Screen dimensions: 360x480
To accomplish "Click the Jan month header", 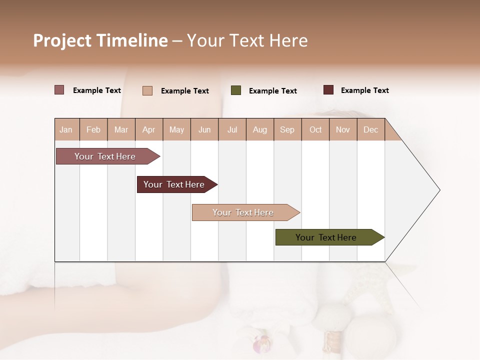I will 66,130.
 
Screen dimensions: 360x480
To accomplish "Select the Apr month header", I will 148,130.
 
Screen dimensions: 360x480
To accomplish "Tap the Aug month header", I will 259,130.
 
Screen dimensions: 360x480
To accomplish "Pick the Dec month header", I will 370,130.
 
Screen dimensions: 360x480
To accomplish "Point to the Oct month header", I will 315,130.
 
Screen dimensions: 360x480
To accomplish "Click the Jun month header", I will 204,130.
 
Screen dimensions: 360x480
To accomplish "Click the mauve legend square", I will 59,90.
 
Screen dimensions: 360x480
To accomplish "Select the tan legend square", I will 147,90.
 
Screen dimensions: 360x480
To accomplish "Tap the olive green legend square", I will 236,90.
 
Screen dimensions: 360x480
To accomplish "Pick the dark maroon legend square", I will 328,90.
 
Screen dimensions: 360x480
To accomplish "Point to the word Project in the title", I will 62,41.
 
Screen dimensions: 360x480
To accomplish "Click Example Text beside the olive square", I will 272,91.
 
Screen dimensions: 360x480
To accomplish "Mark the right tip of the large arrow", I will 439,190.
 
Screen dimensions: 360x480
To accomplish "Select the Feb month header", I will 93,130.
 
